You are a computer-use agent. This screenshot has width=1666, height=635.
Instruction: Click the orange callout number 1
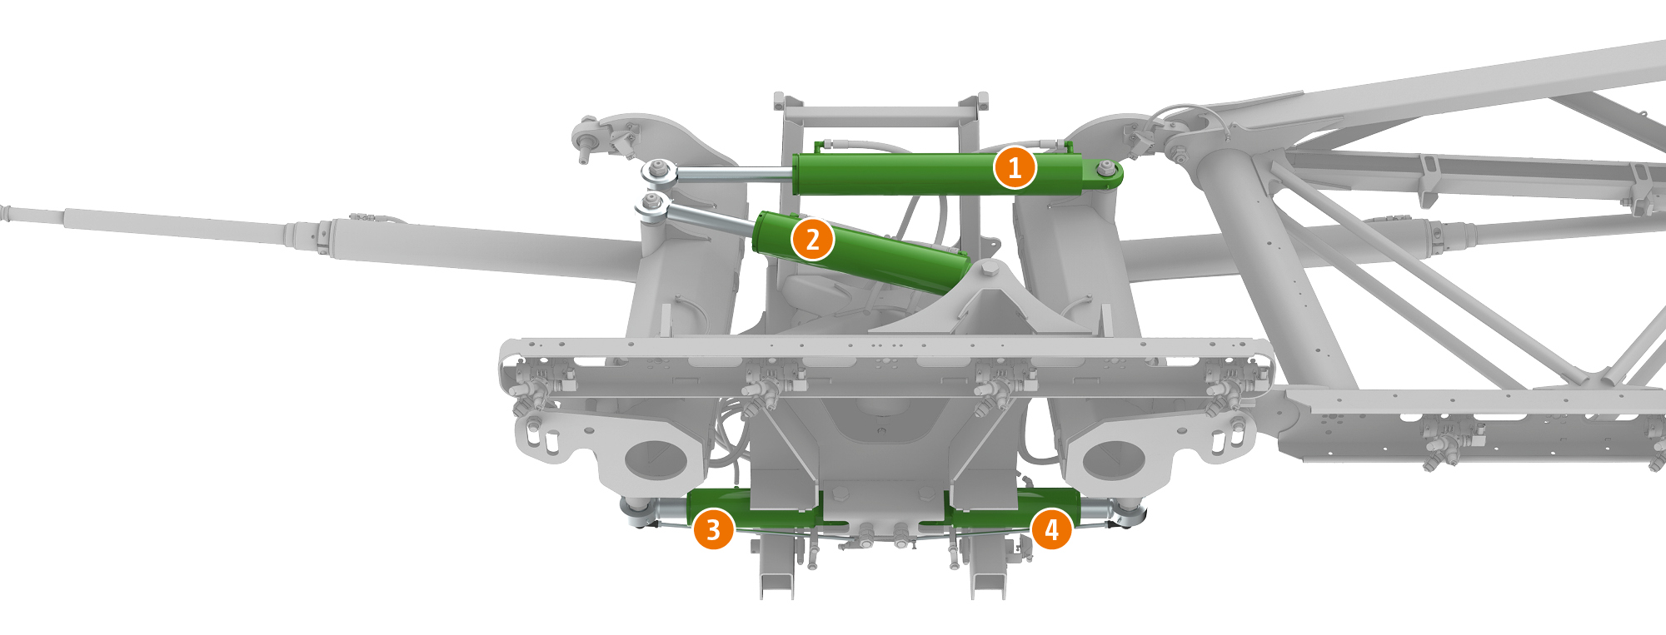tap(1015, 168)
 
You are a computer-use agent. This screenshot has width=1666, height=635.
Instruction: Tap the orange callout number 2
tap(812, 240)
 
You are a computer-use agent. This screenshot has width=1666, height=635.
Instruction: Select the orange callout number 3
tap(713, 529)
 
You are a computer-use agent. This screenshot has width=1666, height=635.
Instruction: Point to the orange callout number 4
tap(1051, 529)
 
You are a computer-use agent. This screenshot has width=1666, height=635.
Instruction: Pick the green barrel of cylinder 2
tap(858, 252)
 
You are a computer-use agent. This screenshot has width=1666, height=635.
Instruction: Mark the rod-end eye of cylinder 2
tap(652, 204)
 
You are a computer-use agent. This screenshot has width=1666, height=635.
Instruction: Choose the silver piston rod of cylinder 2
tap(712, 219)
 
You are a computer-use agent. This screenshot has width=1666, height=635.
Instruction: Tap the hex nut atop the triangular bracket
tap(990, 268)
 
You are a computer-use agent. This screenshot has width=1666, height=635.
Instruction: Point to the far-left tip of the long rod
tap(2, 211)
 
